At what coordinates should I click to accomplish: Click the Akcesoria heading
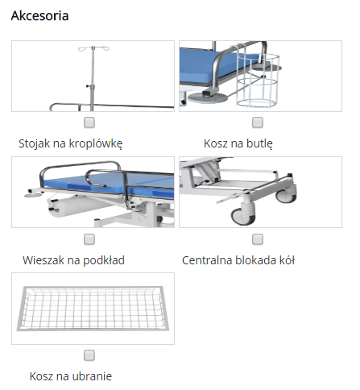tap(39, 15)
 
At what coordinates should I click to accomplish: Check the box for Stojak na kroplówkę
tap(89, 122)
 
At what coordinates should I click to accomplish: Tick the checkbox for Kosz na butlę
tap(258, 122)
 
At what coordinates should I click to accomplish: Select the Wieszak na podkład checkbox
tap(89, 239)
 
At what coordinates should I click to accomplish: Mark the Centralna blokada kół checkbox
tap(258, 239)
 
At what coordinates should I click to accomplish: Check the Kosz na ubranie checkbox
tap(89, 355)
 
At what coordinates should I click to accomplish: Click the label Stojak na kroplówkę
tap(70, 143)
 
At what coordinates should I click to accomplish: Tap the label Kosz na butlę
tap(238, 143)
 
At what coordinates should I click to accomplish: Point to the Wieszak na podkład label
tap(73, 260)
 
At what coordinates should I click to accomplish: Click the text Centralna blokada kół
tap(238, 260)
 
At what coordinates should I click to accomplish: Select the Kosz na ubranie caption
tap(71, 376)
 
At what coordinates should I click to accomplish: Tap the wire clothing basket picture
tap(93, 309)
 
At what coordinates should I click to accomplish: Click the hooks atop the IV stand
tap(93, 48)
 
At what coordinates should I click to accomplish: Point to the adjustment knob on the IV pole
tap(88, 86)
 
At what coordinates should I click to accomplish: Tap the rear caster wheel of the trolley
tap(287, 194)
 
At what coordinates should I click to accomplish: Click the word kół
tap(288, 260)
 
